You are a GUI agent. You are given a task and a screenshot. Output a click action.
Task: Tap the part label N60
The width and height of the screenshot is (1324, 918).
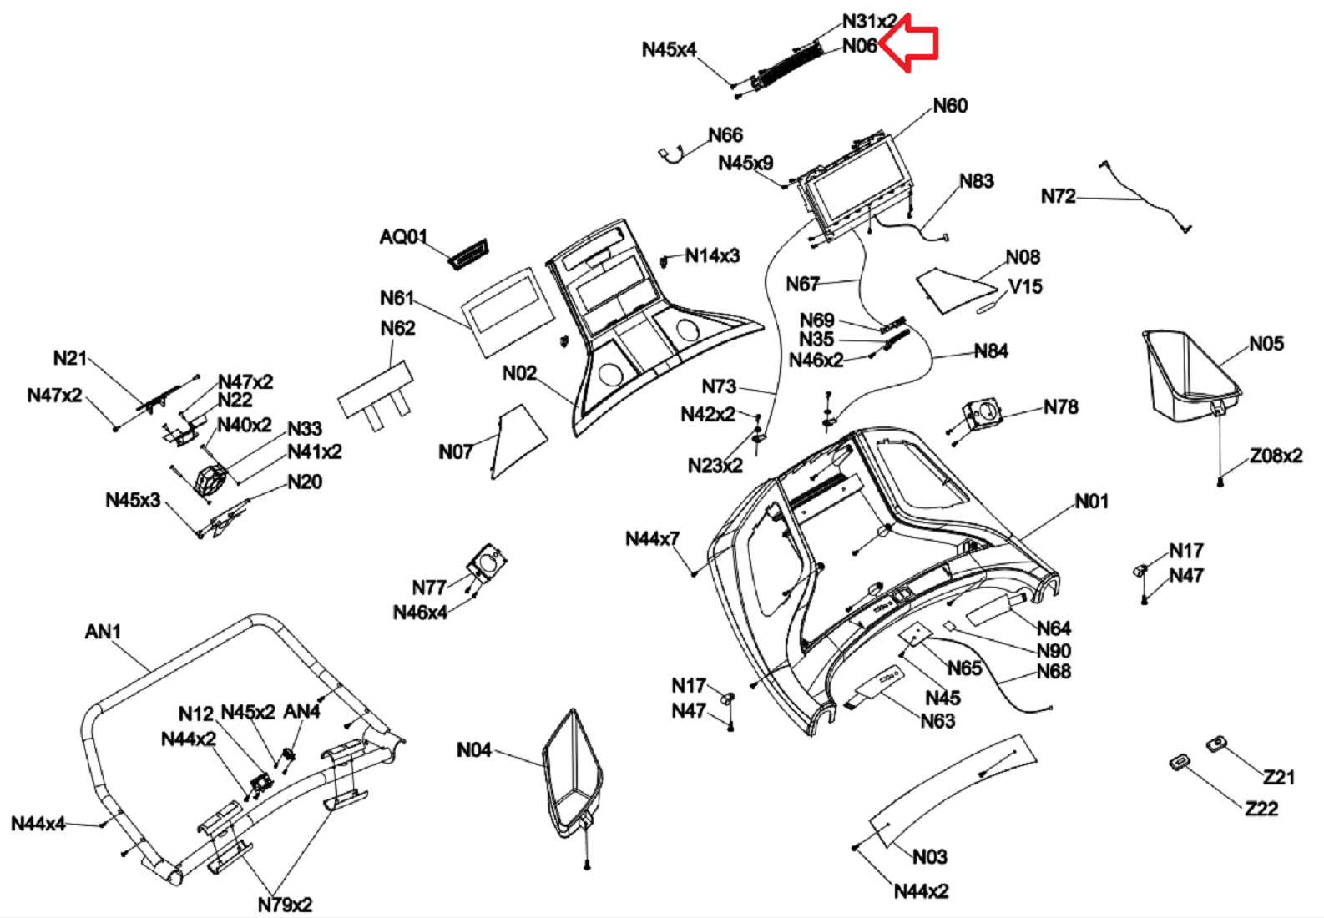tap(950, 106)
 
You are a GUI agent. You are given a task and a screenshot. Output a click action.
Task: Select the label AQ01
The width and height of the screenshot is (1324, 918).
tap(403, 237)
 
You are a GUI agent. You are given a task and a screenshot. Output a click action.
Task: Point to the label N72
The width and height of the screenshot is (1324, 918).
tap(1058, 196)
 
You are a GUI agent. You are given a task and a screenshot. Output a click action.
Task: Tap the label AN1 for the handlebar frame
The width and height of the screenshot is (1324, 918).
tap(103, 632)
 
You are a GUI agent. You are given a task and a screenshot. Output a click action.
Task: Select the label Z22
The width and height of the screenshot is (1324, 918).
tap(1261, 809)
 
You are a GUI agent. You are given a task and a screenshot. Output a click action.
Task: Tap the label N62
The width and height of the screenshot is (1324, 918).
tap(397, 328)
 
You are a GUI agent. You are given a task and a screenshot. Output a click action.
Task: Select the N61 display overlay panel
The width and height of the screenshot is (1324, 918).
tap(509, 310)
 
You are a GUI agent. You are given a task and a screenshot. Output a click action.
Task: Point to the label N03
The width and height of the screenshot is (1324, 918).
tap(929, 857)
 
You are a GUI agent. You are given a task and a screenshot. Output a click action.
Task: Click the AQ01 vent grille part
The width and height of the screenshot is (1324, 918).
tap(470, 253)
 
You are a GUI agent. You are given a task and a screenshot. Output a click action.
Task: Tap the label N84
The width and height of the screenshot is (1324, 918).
tap(991, 351)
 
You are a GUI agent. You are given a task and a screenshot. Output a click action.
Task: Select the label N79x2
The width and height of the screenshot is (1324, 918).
tap(285, 905)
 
